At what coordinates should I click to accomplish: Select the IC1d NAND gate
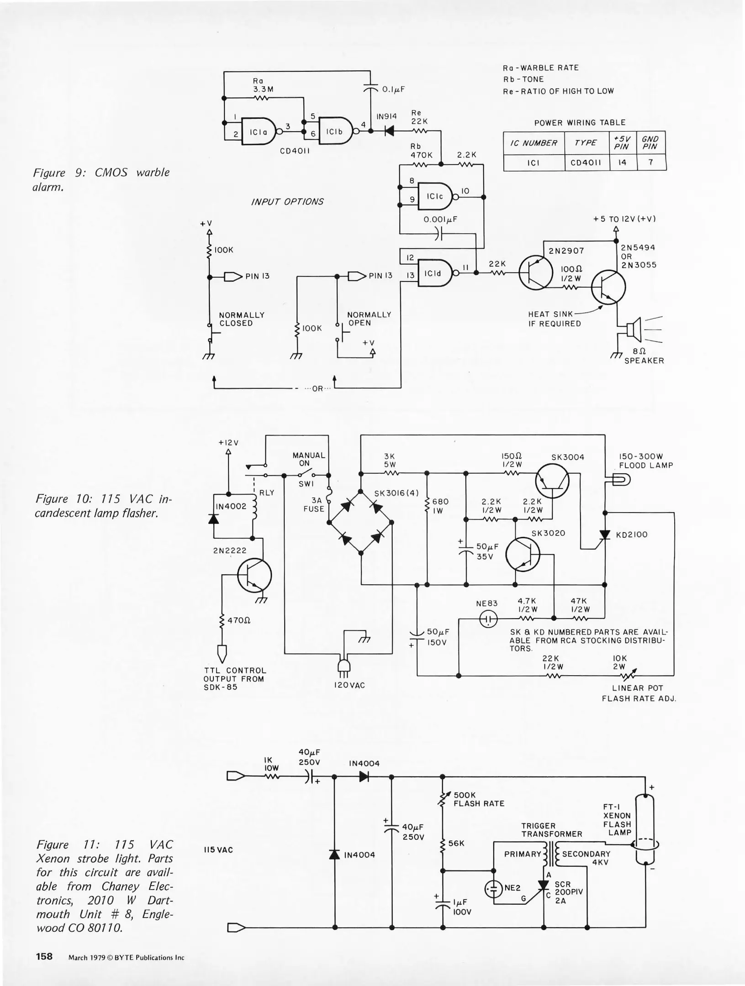434,273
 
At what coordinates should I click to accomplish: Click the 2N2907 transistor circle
535,273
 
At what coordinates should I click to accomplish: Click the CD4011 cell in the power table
586,163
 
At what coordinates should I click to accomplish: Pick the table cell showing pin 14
622,163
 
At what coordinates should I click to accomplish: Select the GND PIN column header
650,143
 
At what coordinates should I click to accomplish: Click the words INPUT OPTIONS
287,202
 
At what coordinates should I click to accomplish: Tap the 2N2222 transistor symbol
254,575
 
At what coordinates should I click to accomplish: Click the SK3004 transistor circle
552,481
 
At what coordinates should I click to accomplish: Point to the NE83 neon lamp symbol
488,619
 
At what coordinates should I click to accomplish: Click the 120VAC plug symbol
343,667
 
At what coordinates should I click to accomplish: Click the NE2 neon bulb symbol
493,888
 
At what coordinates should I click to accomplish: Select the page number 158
44,956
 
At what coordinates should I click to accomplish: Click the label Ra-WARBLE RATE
540,68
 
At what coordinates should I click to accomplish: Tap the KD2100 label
631,535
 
